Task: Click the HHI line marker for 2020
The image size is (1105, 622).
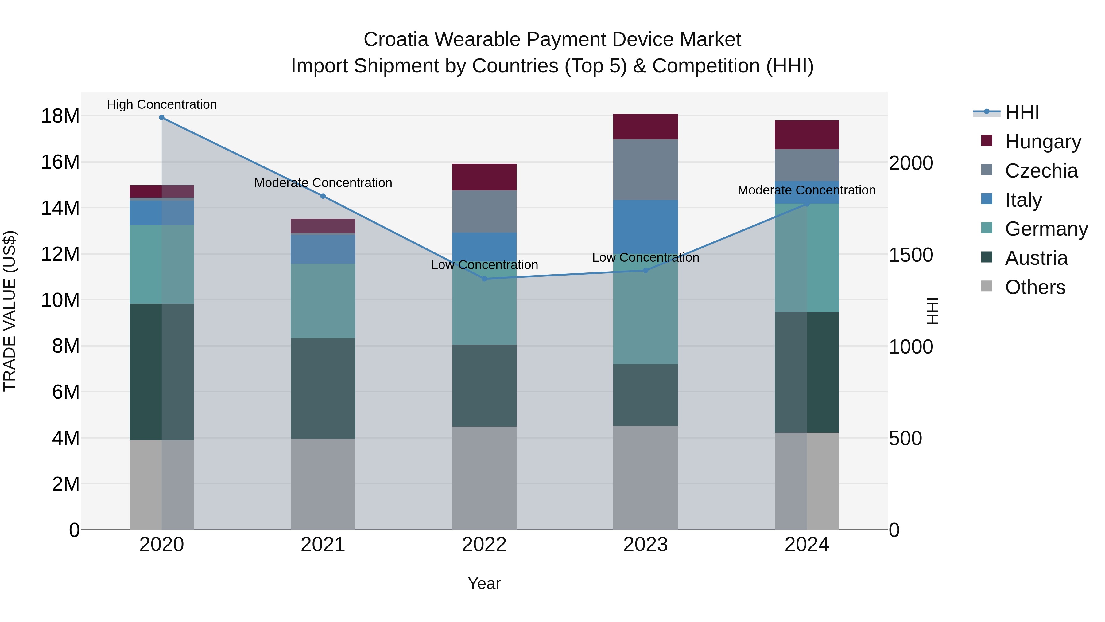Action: pos(162,118)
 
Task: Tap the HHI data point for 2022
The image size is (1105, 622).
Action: pos(484,279)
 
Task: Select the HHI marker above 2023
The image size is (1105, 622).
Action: pos(646,270)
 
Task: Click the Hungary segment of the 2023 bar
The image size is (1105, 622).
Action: pos(646,127)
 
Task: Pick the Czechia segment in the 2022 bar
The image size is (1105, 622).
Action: pos(484,211)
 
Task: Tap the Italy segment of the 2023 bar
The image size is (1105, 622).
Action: pos(646,225)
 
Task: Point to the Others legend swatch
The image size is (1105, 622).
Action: pos(987,286)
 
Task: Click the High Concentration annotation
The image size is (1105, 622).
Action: pos(162,104)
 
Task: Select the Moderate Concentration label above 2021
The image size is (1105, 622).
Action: pos(323,183)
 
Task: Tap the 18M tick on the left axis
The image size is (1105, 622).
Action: pos(60,116)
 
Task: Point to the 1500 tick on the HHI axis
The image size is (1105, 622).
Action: pos(911,255)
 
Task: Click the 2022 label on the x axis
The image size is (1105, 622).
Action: pos(484,545)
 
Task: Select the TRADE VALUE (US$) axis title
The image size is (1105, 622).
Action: pos(10,311)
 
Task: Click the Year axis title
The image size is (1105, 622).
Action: pos(484,583)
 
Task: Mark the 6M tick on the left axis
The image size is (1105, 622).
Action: pos(65,392)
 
